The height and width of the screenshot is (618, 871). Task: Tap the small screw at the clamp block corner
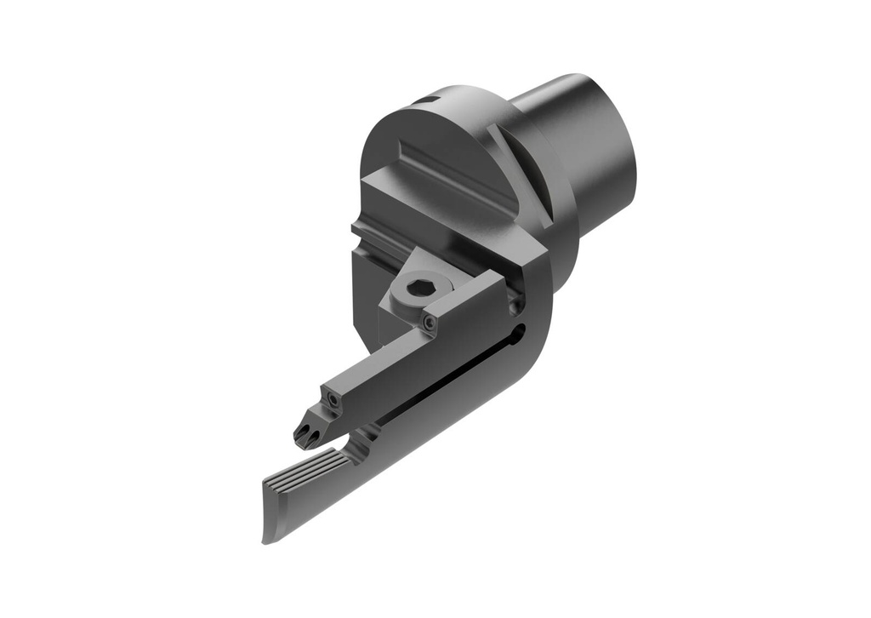430,323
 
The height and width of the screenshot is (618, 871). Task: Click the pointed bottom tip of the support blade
266,539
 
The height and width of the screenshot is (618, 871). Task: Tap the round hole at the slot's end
516,335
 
